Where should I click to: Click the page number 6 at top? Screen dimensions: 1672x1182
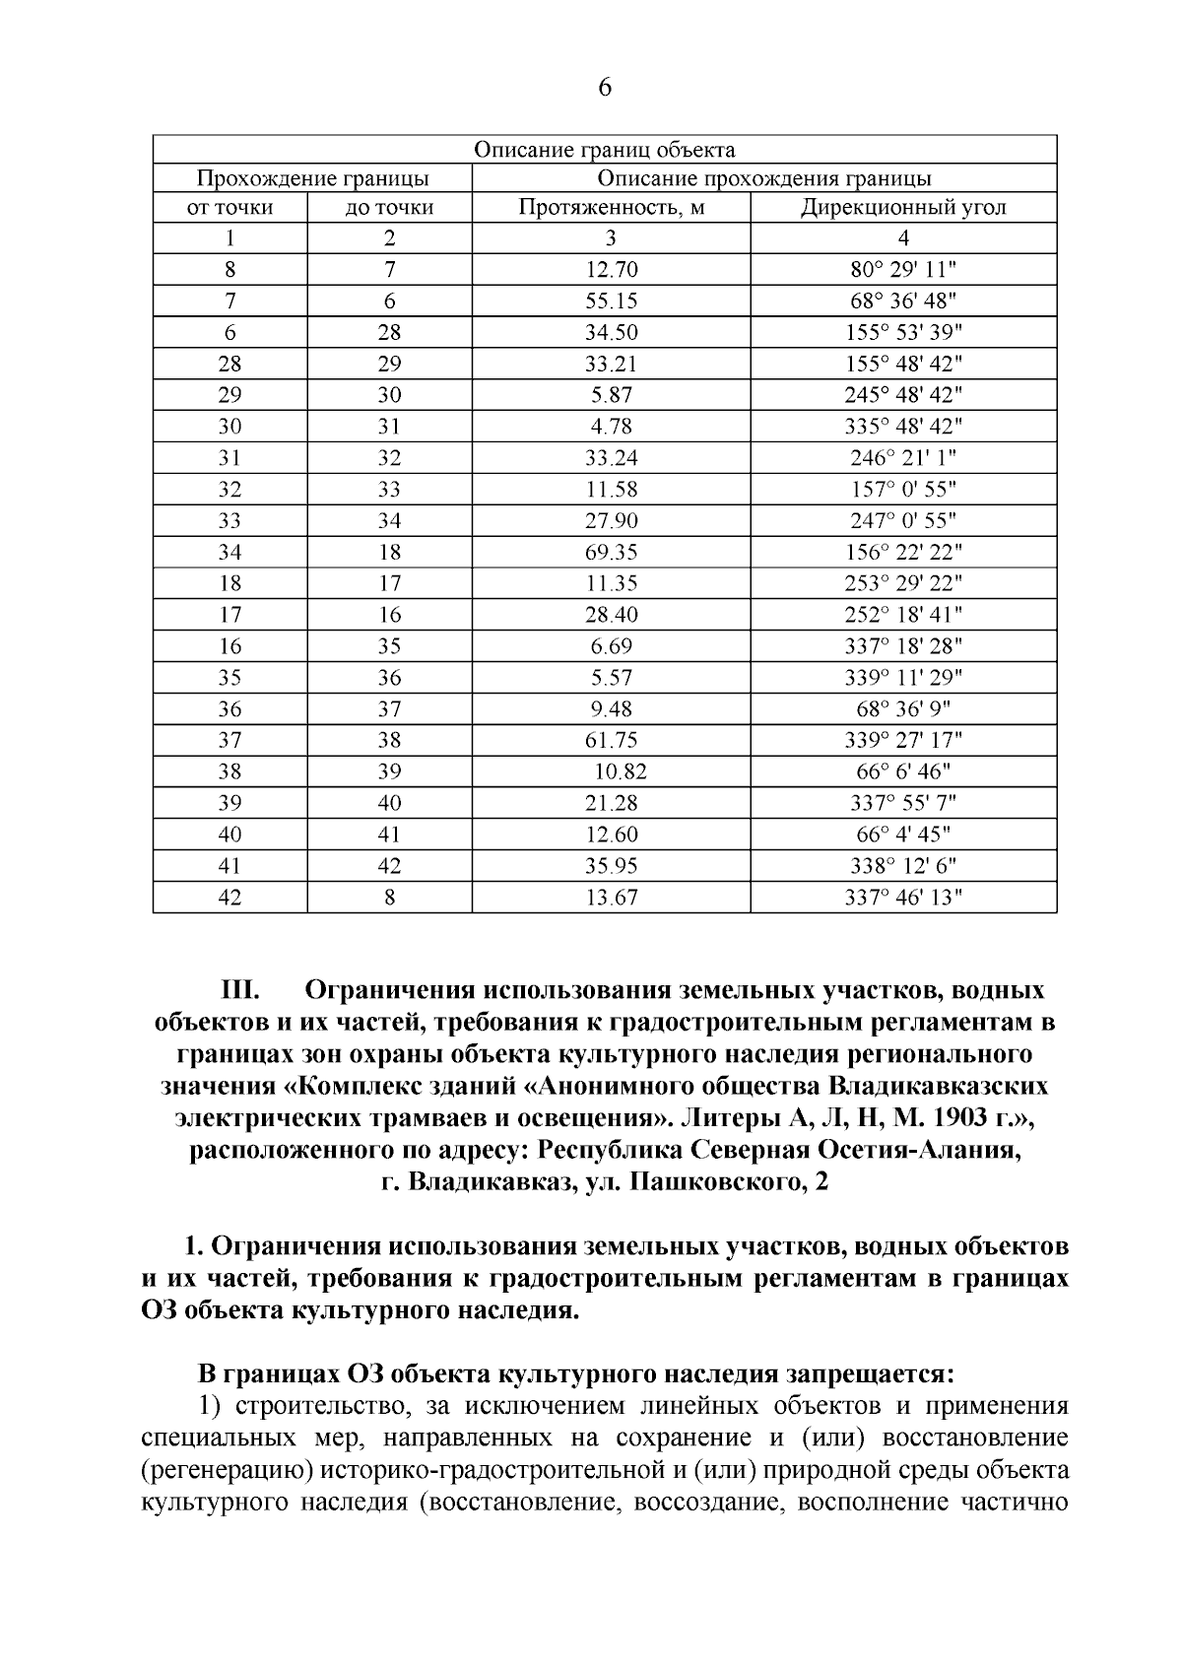605,89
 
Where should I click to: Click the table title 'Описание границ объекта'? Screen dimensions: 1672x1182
605,150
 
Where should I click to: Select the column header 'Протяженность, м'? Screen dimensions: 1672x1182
612,208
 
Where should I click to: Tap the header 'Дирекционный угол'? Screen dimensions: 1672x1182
903,208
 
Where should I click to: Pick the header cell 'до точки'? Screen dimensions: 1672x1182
390,208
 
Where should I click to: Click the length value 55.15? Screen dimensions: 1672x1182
612,301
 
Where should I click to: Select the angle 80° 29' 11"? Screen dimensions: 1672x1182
903,270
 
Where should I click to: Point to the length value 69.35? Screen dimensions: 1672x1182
612,553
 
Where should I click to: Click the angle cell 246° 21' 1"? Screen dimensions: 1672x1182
903,458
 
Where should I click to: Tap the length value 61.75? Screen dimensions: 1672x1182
612,741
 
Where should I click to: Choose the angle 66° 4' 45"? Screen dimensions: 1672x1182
903,836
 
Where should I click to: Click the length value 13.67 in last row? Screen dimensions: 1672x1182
612,898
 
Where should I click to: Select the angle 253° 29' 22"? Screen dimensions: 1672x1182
903,584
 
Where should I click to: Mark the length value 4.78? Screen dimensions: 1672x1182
612,427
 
